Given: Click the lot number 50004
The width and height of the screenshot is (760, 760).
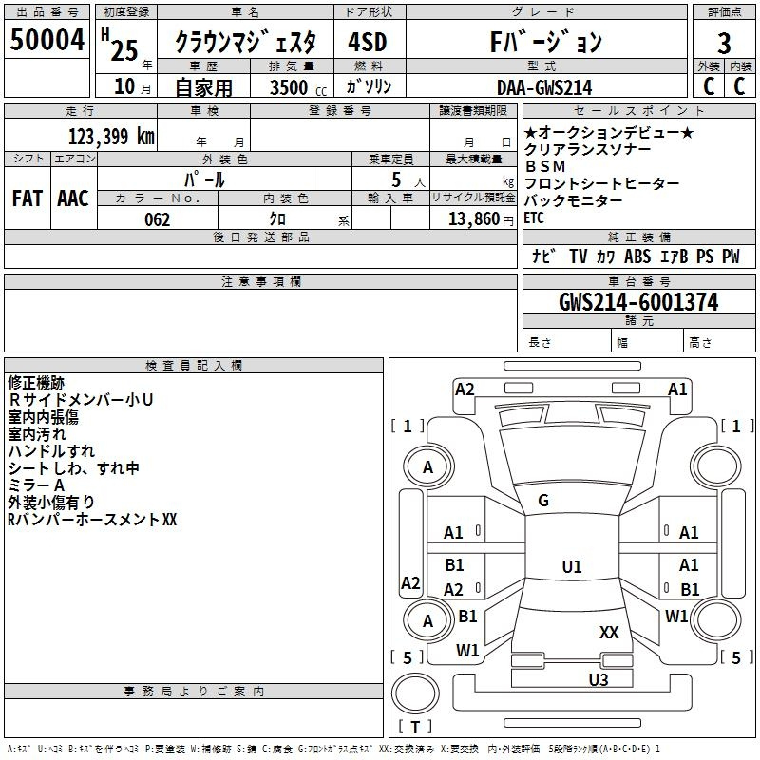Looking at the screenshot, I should tap(47, 41).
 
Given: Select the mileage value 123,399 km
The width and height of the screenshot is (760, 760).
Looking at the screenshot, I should tap(110, 136).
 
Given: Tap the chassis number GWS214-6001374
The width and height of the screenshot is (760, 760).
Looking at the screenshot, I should tap(637, 303).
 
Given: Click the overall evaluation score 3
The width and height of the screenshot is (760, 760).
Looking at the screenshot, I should tap(724, 43).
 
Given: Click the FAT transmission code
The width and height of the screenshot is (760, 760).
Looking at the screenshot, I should tap(28, 198).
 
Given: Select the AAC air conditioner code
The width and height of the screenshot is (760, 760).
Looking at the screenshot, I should tap(73, 198).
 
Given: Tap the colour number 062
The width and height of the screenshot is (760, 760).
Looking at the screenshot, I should tap(157, 219).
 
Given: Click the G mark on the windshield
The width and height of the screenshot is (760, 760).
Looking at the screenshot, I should tap(543, 501).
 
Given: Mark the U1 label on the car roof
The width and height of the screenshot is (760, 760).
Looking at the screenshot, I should tap(571, 566).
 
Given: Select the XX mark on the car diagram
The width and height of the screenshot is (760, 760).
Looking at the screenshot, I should tap(609, 632).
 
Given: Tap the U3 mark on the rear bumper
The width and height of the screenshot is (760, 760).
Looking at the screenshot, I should tap(598, 679).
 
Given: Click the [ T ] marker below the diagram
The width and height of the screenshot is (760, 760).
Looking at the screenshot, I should tap(414, 727).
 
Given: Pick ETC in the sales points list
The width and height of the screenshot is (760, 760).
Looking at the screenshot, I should tap(535, 218).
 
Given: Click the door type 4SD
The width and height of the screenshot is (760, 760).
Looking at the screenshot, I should tap(367, 43).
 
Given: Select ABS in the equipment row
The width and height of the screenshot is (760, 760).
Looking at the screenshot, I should tap(637, 256).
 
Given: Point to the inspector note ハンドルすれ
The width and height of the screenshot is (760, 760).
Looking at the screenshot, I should tap(51, 451).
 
